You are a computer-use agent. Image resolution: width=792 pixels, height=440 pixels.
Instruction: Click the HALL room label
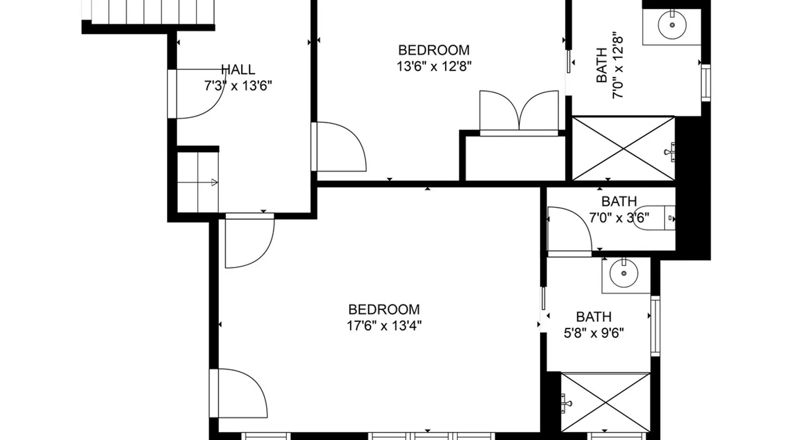tap(238, 70)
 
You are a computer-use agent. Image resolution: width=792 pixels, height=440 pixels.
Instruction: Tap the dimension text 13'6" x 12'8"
tap(434, 66)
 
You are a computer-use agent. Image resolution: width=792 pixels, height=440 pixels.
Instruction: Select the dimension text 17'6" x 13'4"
tap(384, 326)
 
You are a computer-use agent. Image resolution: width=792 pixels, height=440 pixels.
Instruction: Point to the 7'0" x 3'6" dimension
tap(619, 218)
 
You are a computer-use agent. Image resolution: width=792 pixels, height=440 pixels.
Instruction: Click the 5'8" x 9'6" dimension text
tap(594, 333)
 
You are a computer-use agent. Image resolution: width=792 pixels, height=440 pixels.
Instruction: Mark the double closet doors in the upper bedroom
tap(519, 110)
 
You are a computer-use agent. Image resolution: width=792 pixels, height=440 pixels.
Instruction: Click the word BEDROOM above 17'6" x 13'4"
tap(384, 309)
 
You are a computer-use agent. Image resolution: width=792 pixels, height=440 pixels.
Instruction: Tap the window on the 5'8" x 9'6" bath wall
tap(655, 326)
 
